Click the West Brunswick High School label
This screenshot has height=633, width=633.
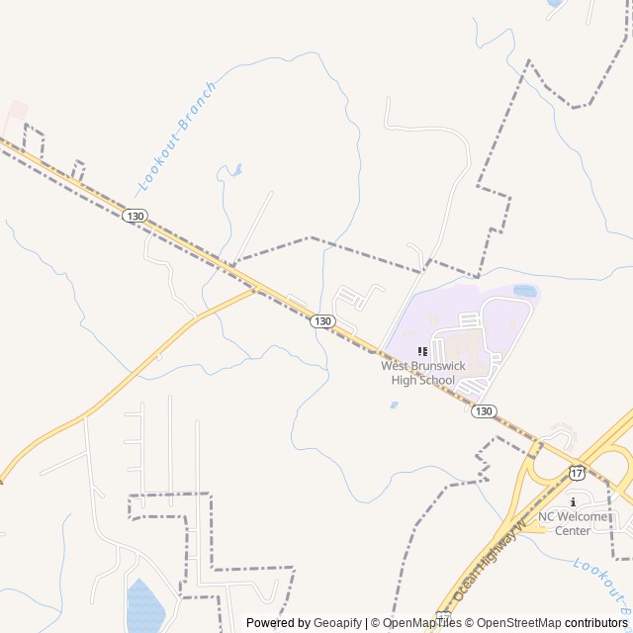422,373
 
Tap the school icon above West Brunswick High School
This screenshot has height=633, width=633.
423,351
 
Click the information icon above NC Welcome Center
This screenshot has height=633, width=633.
573,501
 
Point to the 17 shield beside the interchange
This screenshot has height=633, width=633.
577,474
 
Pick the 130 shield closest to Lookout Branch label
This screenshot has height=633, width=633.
136,216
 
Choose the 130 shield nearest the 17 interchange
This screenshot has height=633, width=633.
483,411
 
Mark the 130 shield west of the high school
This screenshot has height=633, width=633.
322,321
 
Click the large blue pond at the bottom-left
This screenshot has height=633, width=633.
145,606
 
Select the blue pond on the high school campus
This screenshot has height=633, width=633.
524,292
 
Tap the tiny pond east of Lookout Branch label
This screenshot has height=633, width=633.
235,170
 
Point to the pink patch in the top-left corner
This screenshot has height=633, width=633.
16,112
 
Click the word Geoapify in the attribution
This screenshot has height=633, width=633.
338,623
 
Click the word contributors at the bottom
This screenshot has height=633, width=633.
596,623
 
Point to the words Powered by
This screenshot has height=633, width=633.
278,623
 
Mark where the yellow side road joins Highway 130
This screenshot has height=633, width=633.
256,290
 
